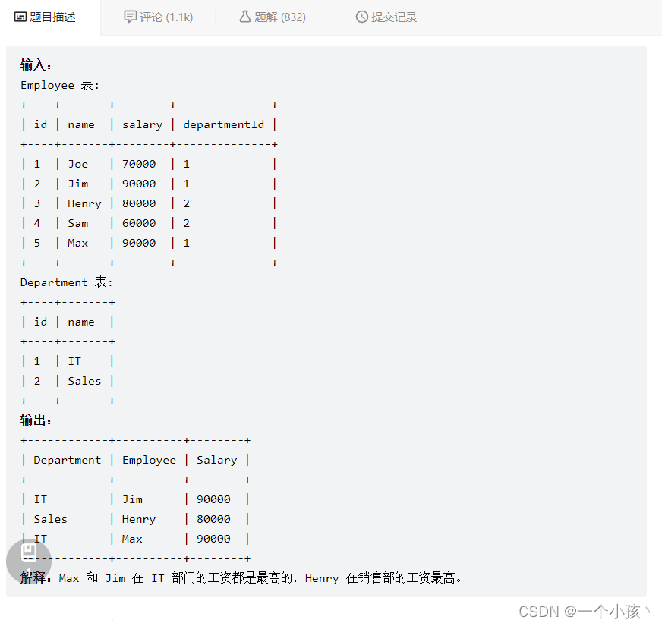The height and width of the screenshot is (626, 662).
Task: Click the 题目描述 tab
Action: (x=46, y=17)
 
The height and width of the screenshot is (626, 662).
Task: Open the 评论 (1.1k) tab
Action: (x=158, y=17)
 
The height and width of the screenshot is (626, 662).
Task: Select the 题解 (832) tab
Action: (x=272, y=17)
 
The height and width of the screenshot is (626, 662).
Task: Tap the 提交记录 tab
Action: (x=386, y=17)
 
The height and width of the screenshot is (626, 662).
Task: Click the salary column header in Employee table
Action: (x=142, y=124)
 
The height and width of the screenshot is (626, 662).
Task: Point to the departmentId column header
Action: (x=223, y=124)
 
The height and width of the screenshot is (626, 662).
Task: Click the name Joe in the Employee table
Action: (x=77, y=164)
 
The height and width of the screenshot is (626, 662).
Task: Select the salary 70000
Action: (x=139, y=164)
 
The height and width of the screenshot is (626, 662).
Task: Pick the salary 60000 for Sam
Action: (x=139, y=223)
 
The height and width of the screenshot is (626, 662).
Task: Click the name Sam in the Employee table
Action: (x=77, y=223)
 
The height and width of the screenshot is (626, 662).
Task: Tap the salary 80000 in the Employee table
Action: (x=139, y=203)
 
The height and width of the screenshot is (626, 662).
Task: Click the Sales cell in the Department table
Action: (x=84, y=381)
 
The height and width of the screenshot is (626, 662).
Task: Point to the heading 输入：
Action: (x=36, y=65)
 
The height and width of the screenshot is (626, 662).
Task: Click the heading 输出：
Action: (x=36, y=420)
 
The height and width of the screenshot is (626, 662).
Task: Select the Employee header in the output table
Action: (x=149, y=460)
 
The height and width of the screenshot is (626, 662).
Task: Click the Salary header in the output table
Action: (x=216, y=460)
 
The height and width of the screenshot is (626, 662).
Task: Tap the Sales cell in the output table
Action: (x=50, y=519)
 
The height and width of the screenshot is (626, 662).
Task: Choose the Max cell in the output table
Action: (x=132, y=539)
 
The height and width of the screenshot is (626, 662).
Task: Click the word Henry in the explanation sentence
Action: (x=321, y=578)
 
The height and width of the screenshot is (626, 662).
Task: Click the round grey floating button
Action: (x=29, y=561)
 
